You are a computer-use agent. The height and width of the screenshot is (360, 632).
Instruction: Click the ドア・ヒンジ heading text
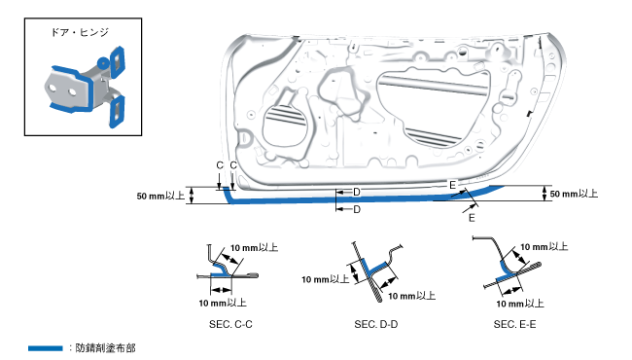pyautogui.click(x=80, y=32)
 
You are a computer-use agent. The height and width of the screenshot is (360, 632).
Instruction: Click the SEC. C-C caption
pyautogui.click(x=230, y=325)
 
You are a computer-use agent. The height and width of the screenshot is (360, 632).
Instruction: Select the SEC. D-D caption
pyautogui.click(x=376, y=325)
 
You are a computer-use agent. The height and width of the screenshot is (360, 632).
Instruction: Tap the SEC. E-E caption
pyautogui.click(x=514, y=325)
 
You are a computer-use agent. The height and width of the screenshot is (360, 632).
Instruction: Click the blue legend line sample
pyautogui.click(x=45, y=348)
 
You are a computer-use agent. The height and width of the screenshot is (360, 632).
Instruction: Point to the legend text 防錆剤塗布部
pyautogui.click(x=106, y=348)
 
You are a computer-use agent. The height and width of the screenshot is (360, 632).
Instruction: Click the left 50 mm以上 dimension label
pyautogui.click(x=160, y=196)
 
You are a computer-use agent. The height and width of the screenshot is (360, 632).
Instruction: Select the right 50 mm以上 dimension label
pyautogui.click(x=574, y=194)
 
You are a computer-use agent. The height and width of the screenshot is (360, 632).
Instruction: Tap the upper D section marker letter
pyautogui.click(x=357, y=193)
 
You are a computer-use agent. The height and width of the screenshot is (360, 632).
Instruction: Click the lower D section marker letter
pyautogui.click(x=357, y=209)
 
